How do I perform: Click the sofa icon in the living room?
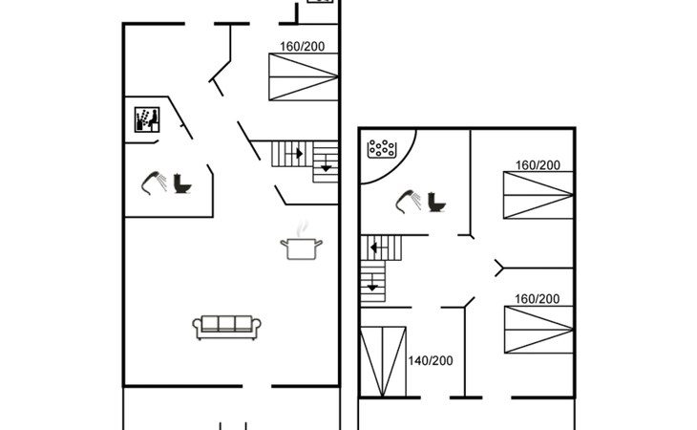[x=226, y=328]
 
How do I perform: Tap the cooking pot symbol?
[x=302, y=248]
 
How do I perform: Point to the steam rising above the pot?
[x=303, y=227]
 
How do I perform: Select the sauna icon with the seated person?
[x=147, y=119]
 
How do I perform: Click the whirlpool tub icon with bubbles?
[x=381, y=148]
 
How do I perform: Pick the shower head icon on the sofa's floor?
[x=154, y=183]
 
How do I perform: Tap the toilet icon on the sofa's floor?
[x=182, y=183]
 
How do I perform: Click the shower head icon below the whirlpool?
[x=409, y=202]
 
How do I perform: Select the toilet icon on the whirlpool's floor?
[x=436, y=202]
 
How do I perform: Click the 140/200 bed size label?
[x=431, y=360]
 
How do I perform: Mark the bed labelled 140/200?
[x=383, y=361]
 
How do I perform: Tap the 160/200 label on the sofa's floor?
[x=303, y=46]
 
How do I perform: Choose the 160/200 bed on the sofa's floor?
[x=304, y=77]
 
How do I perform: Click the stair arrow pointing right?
[x=294, y=154]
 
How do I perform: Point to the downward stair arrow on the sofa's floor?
[x=326, y=163]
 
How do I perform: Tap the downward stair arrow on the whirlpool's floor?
[x=372, y=283]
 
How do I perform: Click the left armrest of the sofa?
[x=197, y=326]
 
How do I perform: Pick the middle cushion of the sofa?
[x=226, y=323]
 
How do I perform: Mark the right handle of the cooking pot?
[x=319, y=243]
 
